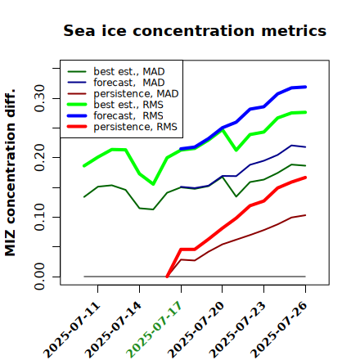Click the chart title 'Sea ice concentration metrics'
195,30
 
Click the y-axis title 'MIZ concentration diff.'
11,173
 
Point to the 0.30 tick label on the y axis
39,98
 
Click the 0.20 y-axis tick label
39,158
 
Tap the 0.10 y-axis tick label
39,217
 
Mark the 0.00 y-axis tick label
39,277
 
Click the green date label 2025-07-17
154,330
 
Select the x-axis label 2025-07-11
71,330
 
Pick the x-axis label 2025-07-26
279,330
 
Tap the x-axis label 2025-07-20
196,330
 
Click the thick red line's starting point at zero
167,277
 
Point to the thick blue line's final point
305,87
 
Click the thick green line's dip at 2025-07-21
236,150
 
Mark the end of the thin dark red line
305,215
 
